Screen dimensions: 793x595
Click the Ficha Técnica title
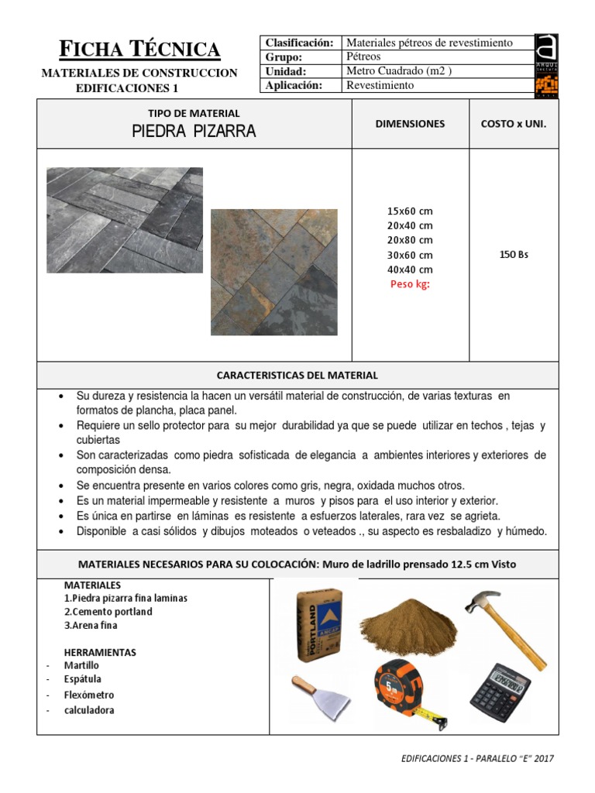pos(140,50)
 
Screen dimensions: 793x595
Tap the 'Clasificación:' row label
pos(299,43)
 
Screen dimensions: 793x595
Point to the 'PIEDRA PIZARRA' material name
pos(194,132)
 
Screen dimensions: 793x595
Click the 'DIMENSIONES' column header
pos(410,123)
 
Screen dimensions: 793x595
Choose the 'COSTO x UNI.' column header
pos(513,123)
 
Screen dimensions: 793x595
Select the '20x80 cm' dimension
pos(410,240)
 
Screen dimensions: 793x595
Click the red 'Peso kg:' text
pos(410,284)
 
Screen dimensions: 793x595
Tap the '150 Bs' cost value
pos(513,255)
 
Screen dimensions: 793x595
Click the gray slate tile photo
pos(124,220)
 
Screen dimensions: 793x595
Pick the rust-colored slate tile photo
pos(273,271)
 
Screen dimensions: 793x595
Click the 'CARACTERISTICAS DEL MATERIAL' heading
pos(297,375)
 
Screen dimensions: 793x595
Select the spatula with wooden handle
pos(320,696)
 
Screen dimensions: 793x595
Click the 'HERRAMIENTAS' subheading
pos(100,652)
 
